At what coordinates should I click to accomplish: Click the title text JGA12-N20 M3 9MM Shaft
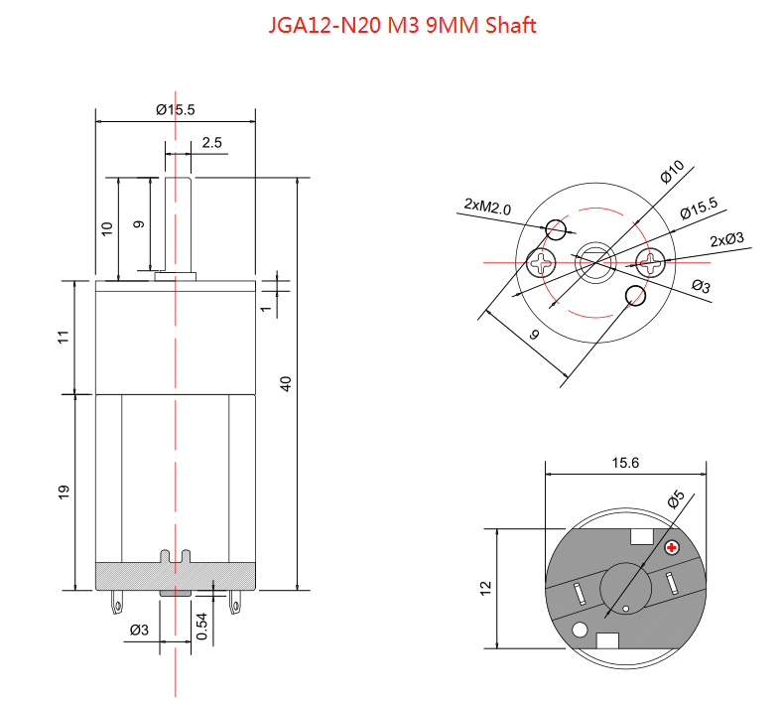tap(402, 25)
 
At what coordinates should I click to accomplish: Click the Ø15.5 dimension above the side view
tap(176, 110)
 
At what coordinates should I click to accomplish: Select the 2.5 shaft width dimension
tap(211, 143)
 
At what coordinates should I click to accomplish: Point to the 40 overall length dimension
tap(286, 384)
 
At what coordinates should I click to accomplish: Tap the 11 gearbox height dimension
tap(64, 337)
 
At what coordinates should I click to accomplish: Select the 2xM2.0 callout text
tap(486, 208)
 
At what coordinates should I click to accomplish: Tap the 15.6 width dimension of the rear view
tap(625, 462)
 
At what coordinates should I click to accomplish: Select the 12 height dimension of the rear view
tap(486, 588)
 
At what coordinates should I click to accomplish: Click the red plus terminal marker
tap(672, 547)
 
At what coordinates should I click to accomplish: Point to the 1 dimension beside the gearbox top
tap(265, 308)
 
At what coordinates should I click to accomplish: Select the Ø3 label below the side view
tap(140, 630)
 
